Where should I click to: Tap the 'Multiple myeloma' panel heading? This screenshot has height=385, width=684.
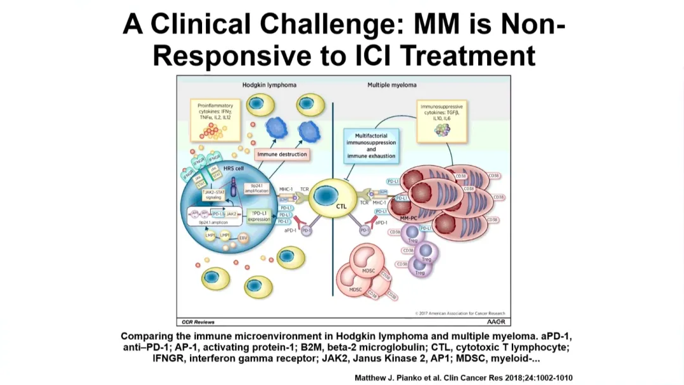(x=392, y=84)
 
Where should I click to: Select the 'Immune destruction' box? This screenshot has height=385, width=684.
(x=282, y=154)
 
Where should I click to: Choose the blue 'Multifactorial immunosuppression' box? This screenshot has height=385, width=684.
(x=371, y=146)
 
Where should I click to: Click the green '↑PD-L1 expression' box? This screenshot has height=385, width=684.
(x=258, y=216)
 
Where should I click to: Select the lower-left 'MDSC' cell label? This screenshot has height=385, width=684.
(x=355, y=289)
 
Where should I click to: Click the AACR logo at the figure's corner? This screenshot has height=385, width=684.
(x=496, y=322)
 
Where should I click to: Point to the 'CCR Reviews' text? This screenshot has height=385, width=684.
(x=195, y=322)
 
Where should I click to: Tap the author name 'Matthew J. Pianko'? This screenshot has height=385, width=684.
(x=390, y=378)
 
